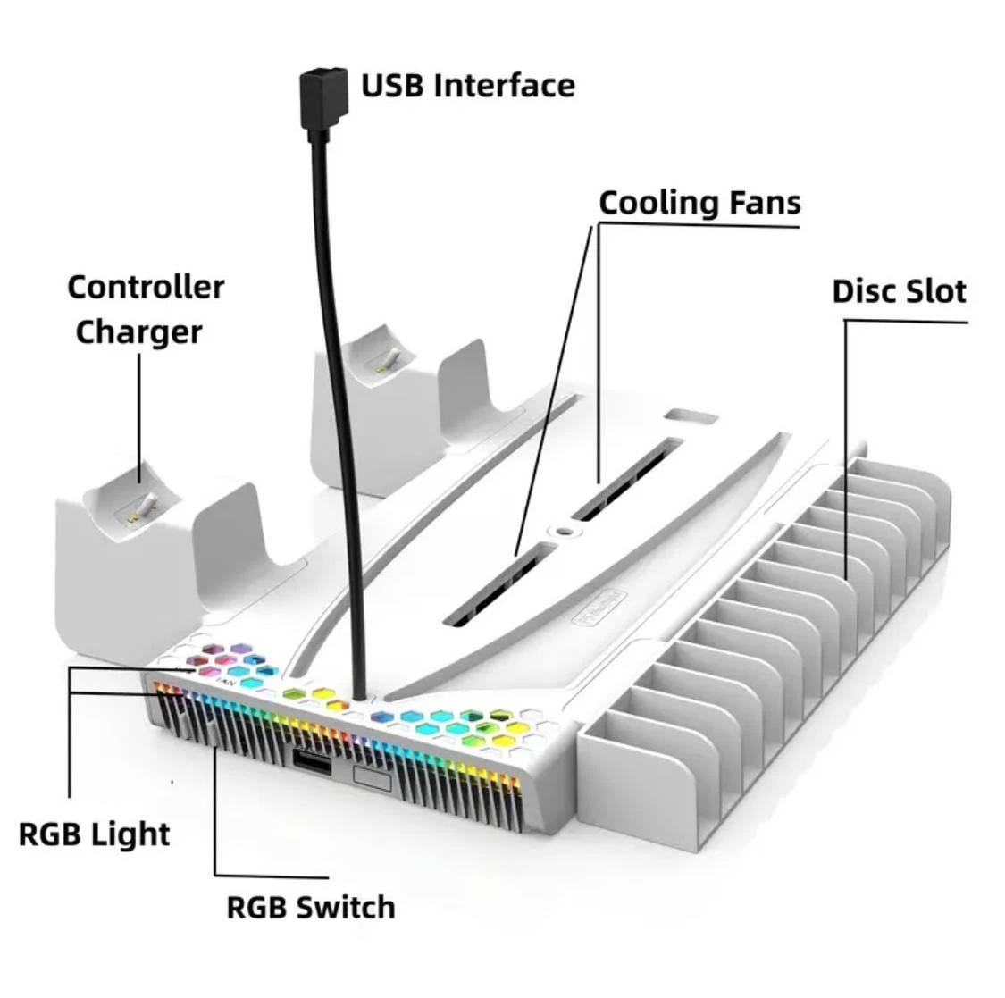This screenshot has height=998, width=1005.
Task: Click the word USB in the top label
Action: (x=393, y=86)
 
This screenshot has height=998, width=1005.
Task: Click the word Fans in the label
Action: (x=764, y=203)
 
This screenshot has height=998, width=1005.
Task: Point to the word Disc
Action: (x=863, y=291)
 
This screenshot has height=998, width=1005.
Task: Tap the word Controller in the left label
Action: (x=146, y=288)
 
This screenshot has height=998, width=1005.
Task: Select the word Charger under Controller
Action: (x=138, y=331)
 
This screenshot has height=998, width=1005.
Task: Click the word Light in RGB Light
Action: (x=134, y=834)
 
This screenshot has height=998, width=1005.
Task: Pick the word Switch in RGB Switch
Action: (x=346, y=908)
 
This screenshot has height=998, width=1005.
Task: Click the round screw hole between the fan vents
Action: (x=563, y=530)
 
